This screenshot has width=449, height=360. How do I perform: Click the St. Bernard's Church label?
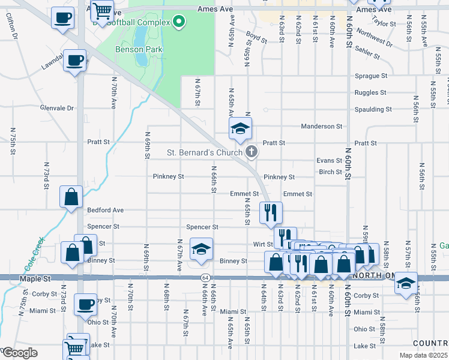[x=204, y=153]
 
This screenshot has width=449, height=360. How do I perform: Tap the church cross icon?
[x=252, y=152]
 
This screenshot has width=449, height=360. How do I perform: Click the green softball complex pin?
[x=178, y=23]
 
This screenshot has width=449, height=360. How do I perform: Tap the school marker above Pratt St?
[x=240, y=128]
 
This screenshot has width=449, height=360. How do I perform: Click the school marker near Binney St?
[x=201, y=249]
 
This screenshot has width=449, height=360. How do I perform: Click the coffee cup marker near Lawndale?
[x=75, y=61]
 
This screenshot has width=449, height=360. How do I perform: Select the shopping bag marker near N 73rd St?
[x=71, y=196]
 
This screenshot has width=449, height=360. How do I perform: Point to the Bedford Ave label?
[x=105, y=210]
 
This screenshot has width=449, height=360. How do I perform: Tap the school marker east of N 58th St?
[x=406, y=283]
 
